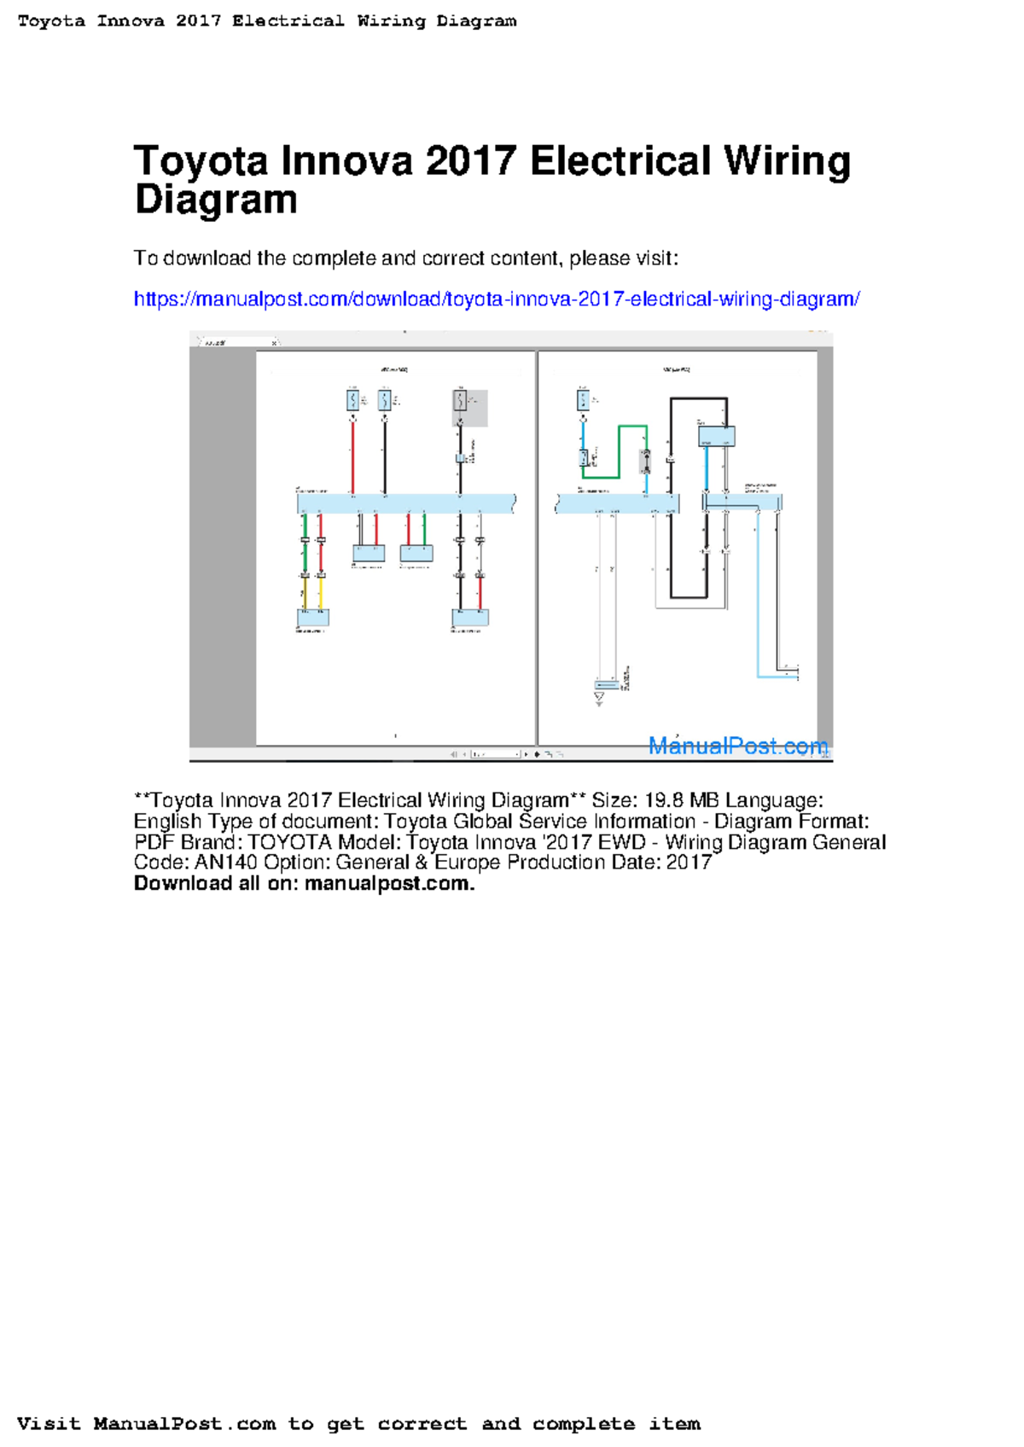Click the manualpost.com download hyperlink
pos(496,299)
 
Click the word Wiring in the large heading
pos(786,161)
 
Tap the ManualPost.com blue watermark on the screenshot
pos(737,746)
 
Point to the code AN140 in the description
pos(225,863)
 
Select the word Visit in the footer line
pos(48,1424)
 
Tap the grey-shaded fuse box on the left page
pos(470,408)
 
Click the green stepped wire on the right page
pos(618,452)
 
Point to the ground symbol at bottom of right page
pos(599,699)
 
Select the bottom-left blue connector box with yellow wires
pos(312,617)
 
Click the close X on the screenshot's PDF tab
pos(275,343)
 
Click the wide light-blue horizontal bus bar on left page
pos(406,503)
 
